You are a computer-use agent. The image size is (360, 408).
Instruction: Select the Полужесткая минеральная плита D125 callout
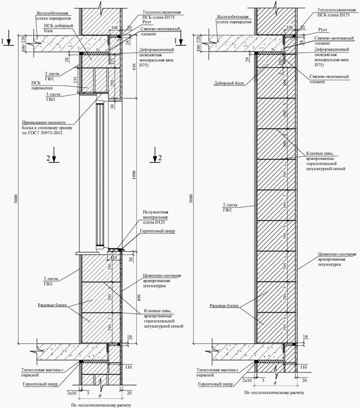[x=159, y=218]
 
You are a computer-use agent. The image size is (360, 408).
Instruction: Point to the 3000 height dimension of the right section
[x=191, y=198]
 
